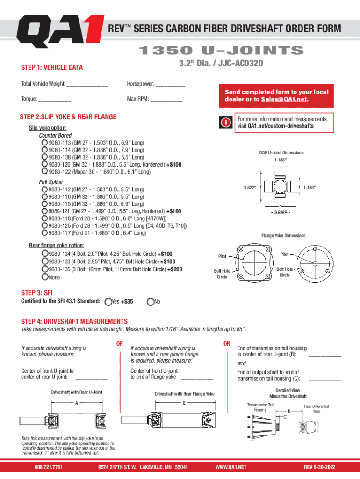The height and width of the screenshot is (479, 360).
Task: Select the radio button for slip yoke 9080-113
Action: [x=44, y=142]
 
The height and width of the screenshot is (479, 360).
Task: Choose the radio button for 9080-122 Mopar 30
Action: [x=44, y=172]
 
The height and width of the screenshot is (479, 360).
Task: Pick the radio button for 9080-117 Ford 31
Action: [x=44, y=232]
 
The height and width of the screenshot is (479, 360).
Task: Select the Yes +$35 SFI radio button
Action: [x=108, y=302]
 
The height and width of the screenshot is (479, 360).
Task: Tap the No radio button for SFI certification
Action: [x=150, y=302]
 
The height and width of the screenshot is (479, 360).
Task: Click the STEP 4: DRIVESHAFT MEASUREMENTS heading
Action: [x=74, y=321]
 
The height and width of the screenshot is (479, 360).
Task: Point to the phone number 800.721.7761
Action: [x=49, y=467]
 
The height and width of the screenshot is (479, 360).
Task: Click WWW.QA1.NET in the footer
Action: [x=230, y=467]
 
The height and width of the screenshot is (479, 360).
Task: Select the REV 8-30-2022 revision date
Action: [x=320, y=467]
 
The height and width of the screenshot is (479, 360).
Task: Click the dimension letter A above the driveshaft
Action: [x=76, y=402]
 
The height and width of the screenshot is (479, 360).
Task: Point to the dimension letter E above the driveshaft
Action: [x=184, y=402]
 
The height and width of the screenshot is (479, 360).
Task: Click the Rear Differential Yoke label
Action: [x=317, y=409]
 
